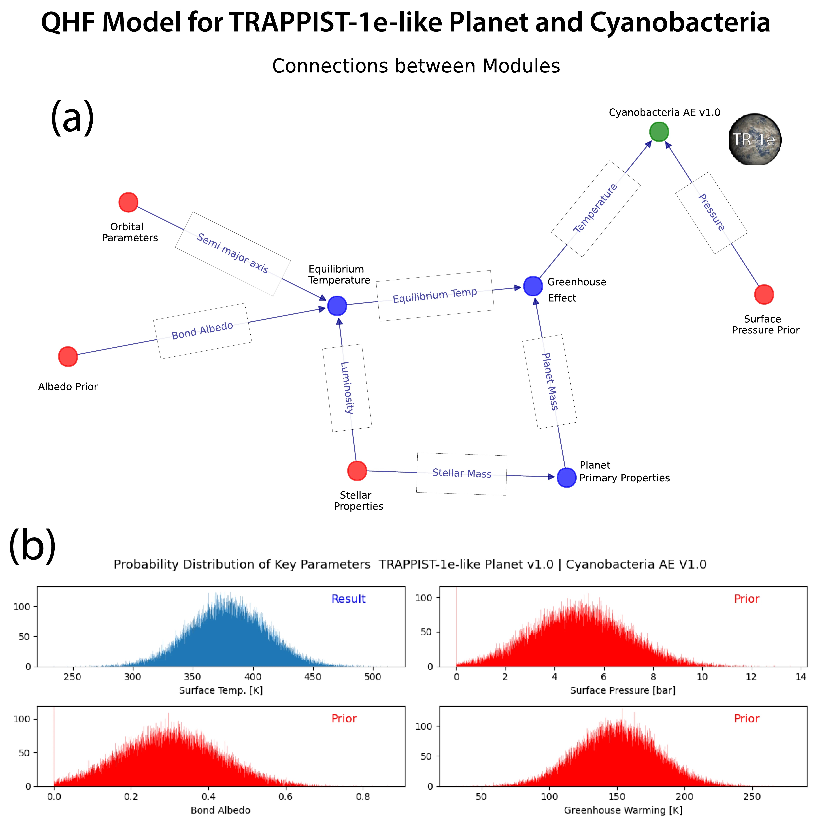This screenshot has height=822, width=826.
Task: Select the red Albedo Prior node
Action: (x=68, y=356)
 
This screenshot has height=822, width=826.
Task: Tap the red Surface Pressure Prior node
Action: (x=764, y=294)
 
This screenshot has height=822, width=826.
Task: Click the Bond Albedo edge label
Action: (x=202, y=331)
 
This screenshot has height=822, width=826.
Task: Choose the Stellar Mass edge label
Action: (x=462, y=473)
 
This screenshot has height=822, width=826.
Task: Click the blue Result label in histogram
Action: (x=348, y=599)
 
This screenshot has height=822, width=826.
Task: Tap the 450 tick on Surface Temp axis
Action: (x=313, y=677)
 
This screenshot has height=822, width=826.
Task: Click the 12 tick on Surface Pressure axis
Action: (x=751, y=677)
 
